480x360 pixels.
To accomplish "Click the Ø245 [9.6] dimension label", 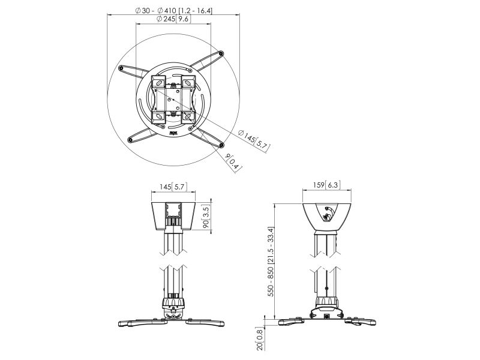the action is click(x=173, y=19).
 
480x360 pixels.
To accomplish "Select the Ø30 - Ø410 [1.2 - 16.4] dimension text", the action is click(x=173, y=10).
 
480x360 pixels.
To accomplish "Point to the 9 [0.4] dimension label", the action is click(x=233, y=161).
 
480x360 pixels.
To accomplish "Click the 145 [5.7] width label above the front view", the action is click(x=173, y=187).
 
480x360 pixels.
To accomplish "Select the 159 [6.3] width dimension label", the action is click(x=326, y=185).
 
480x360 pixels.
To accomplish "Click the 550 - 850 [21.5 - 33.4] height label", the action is click(x=271, y=262).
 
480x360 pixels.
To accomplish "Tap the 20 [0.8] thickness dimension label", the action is click(x=260, y=338).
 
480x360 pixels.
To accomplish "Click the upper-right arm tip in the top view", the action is click(x=221, y=54).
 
